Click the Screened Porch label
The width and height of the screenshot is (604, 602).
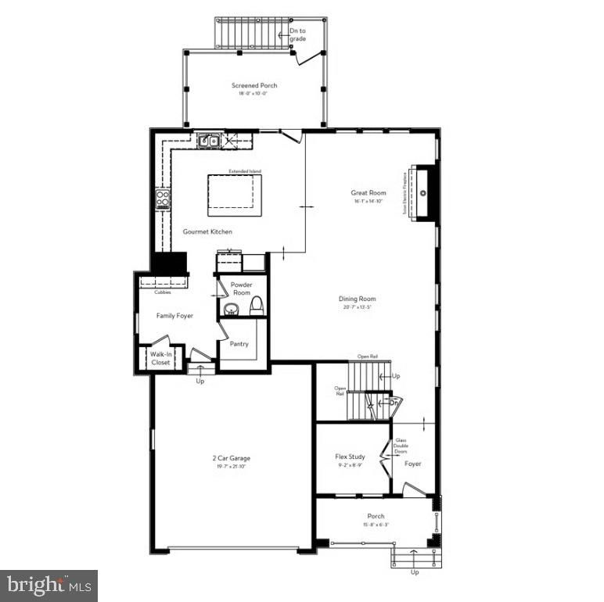click(x=254, y=85)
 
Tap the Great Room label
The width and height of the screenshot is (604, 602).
click(x=369, y=192)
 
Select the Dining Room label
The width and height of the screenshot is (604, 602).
click(x=358, y=299)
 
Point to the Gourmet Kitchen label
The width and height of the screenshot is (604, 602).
click(x=207, y=231)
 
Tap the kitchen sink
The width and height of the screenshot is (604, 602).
click(x=208, y=142)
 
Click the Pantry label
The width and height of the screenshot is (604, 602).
click(x=240, y=342)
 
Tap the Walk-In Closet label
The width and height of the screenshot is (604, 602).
click(x=160, y=359)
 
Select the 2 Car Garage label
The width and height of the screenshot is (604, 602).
click(x=231, y=458)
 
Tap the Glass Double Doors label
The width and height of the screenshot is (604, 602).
click(x=401, y=446)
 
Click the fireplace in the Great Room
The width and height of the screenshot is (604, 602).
click(x=422, y=193)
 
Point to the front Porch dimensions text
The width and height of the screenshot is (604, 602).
click(x=376, y=524)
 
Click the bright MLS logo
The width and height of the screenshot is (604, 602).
click(x=49, y=583)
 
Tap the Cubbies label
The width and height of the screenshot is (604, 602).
click(x=163, y=292)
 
